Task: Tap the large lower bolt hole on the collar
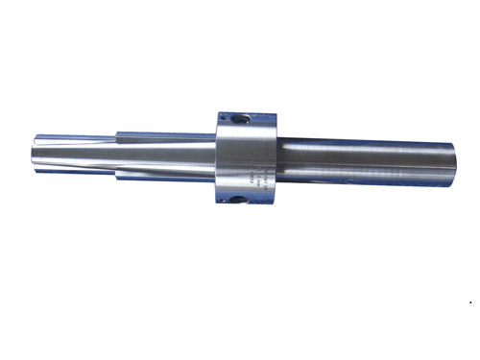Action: pyautogui.click(x=236, y=201)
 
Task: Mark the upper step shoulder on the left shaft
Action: pyautogui.click(x=117, y=132)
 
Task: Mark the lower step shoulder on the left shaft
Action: pyautogui.click(x=117, y=179)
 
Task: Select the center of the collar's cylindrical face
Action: pyautogui.click(x=245, y=160)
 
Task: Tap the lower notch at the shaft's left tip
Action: pyautogui.click(x=44, y=168)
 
